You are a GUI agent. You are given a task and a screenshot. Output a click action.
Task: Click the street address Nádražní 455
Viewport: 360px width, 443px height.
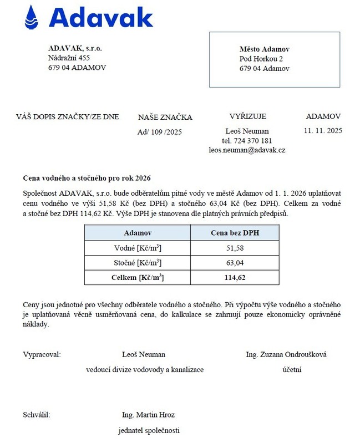coord(69,58)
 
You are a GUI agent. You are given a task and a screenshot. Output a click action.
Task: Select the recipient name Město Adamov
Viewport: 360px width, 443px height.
coord(265,49)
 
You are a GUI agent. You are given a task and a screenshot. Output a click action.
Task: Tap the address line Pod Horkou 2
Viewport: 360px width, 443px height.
coord(261,59)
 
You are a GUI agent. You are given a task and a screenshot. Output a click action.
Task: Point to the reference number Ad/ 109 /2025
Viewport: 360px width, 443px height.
coord(159,132)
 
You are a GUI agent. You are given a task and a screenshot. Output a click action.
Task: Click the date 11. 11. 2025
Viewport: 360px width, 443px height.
coord(323,131)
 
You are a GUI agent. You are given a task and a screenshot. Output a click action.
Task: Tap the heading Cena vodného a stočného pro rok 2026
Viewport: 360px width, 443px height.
coord(87,178)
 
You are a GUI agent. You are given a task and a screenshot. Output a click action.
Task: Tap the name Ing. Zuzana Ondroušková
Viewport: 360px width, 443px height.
coord(286,354)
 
